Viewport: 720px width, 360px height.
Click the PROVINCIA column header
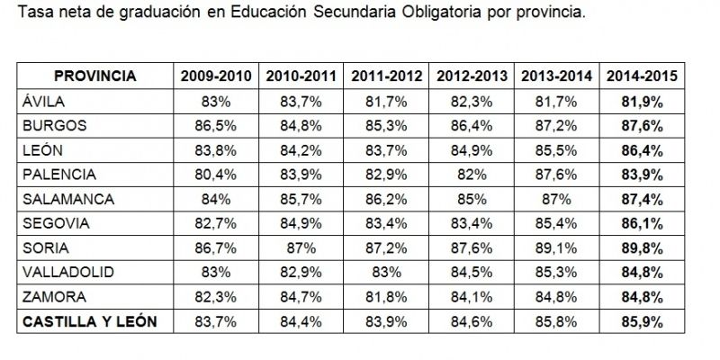click(x=94, y=76)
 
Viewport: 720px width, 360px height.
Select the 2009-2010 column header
click(x=216, y=76)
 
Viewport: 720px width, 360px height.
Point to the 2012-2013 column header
click(x=472, y=76)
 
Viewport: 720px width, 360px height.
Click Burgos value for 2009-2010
click(x=216, y=125)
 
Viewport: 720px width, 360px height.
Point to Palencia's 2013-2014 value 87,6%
click(x=557, y=174)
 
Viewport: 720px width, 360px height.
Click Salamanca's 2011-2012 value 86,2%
click(x=387, y=198)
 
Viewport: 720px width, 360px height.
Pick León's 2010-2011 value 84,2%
click(x=301, y=149)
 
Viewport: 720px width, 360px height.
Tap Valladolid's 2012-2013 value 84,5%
click(x=472, y=271)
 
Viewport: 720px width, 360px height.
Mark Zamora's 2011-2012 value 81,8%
click(x=387, y=295)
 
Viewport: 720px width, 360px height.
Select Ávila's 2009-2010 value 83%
click(x=216, y=101)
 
